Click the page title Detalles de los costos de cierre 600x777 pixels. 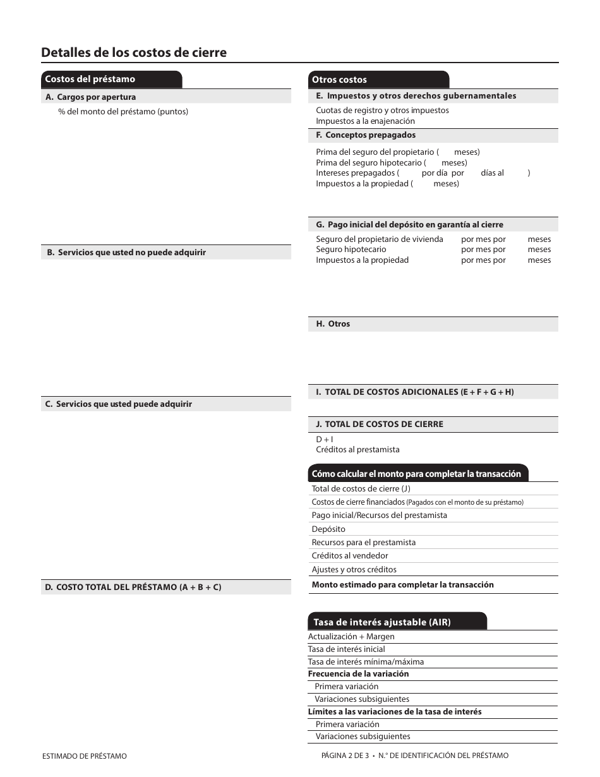tap(133, 52)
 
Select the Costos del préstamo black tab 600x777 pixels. tap(90, 79)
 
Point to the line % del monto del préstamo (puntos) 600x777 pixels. tap(123, 112)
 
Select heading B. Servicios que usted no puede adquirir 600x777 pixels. tap(126, 252)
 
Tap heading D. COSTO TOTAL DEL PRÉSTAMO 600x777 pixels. tap(133, 587)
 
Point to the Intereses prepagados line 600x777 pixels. tap(357, 172)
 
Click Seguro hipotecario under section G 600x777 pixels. tap(351, 250)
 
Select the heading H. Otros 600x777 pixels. tap(333, 323)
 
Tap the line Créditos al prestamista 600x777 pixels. tap(357, 450)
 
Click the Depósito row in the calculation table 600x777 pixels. tap(328, 529)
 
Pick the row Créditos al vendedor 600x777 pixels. tap(350, 555)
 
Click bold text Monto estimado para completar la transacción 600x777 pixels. tap(402, 584)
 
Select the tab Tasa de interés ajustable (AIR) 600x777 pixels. tap(382, 622)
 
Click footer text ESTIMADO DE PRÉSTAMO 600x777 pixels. tap(84, 756)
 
